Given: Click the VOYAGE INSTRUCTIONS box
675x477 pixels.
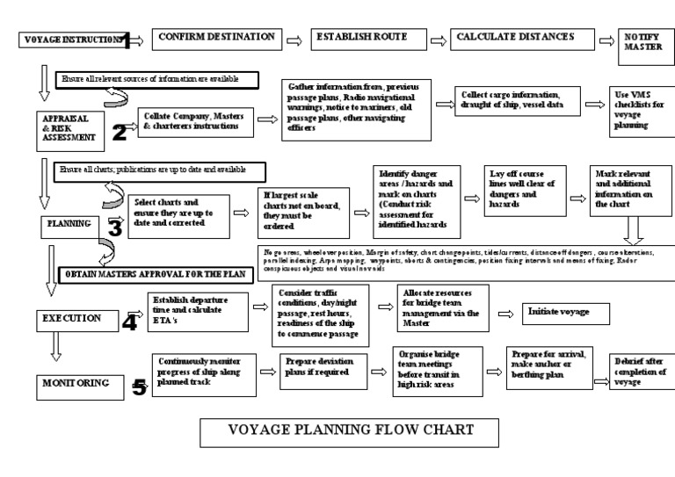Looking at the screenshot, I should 70,40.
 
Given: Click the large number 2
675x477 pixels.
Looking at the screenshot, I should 120,133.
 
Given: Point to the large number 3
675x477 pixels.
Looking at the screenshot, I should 114,227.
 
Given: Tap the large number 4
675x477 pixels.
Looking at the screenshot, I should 129,321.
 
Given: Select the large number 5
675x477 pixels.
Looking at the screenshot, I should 139,387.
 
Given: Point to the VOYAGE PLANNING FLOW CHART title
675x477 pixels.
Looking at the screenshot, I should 351,431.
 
